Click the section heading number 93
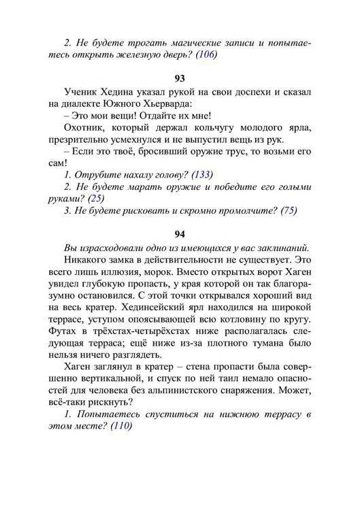coord(180,78)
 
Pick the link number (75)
coord(288,210)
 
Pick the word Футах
coord(63,332)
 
